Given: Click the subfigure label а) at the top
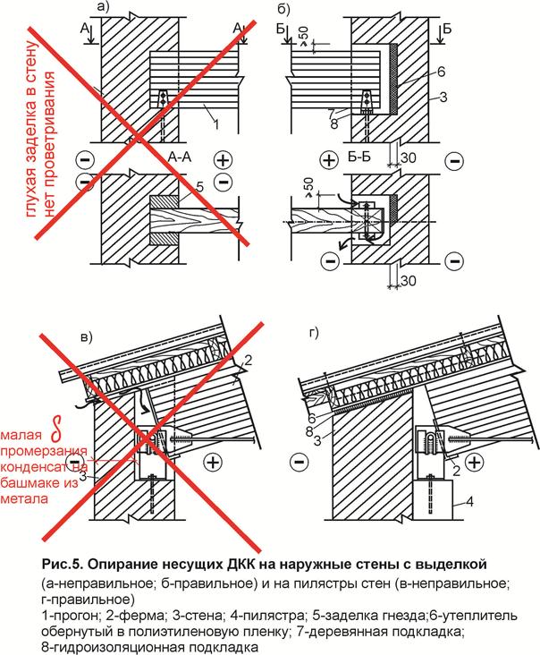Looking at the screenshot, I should pos(102,9).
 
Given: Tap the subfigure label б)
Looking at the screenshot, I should pos(283,9).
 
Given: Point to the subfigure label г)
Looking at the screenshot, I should pos(313,337).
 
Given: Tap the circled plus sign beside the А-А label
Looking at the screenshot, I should pos(223,160).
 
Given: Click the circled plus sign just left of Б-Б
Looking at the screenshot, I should pos(328,160).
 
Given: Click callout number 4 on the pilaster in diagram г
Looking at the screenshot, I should pos(466,504).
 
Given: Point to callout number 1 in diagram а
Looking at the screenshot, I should pos(215,115).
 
